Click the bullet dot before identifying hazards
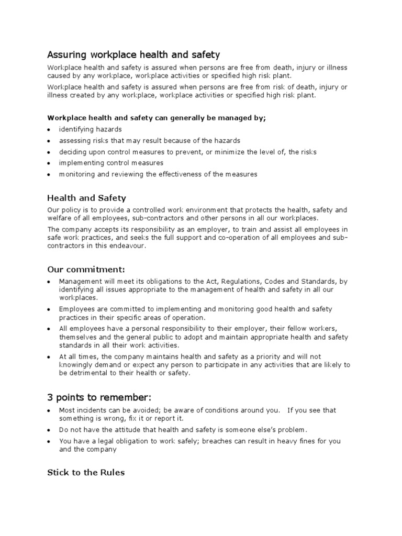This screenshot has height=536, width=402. (x=49, y=129)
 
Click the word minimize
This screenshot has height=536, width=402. (x=243, y=152)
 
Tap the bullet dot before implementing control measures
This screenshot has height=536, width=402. (x=49, y=163)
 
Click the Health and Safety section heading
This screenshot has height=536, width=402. (x=86, y=198)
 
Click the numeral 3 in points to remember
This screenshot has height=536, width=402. (x=50, y=397)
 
